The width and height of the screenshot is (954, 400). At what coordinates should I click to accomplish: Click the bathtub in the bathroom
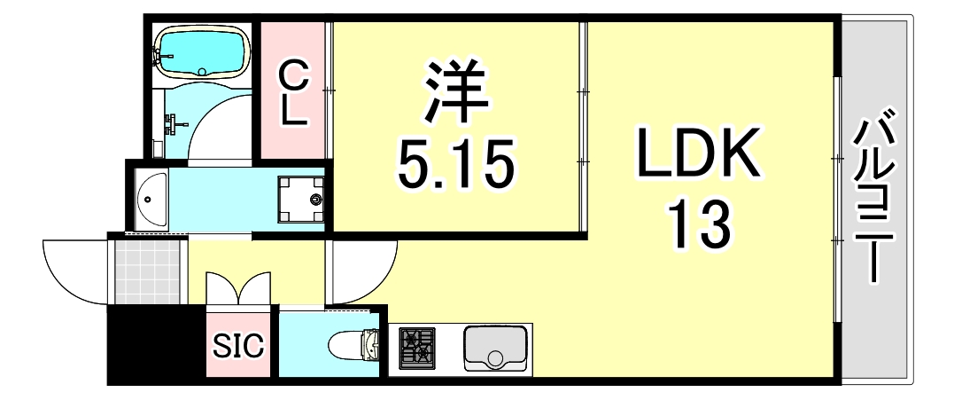point(201,51)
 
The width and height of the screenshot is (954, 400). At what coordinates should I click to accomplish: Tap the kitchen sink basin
point(495,347)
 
